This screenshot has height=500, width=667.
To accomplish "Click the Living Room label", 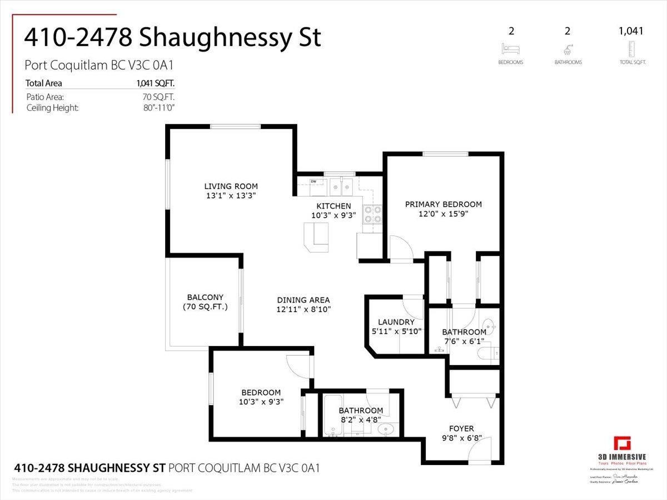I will (231, 186).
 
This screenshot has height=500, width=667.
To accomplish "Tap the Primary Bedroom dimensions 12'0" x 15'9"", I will (443, 213).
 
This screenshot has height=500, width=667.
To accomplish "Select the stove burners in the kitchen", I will (372, 214).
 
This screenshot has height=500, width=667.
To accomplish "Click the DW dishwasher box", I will (313, 181).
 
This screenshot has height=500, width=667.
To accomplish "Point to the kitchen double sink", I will (341, 186).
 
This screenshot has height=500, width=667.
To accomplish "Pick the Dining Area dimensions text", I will (304, 309).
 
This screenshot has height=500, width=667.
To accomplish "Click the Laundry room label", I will (396, 322).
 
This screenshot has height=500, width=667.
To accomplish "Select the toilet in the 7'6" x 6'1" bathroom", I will (491, 353).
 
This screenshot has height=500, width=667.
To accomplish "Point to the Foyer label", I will (461, 428).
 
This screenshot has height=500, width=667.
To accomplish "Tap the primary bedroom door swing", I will (400, 248).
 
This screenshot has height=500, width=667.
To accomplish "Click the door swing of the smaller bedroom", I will (300, 367).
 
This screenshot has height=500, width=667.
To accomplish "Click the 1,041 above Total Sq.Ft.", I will (631, 31).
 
